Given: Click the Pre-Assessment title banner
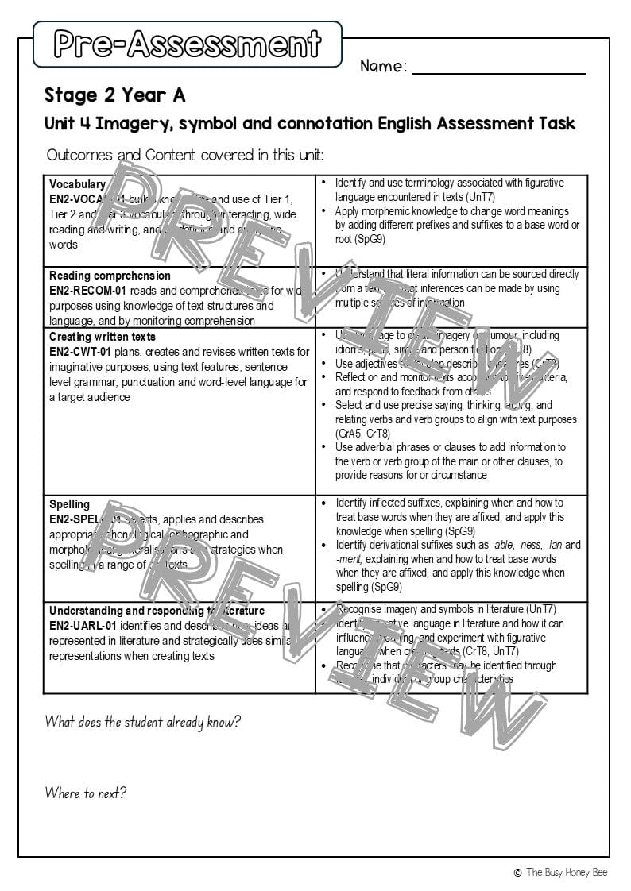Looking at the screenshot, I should (x=188, y=44).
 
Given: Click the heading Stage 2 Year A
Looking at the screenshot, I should (x=114, y=95).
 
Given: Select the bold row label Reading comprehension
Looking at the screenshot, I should (x=110, y=276).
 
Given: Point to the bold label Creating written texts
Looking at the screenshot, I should (x=103, y=337).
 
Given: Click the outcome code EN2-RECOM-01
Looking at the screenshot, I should (x=88, y=291).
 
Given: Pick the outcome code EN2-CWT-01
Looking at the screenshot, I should (x=80, y=352).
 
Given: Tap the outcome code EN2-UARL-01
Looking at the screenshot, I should (x=83, y=626).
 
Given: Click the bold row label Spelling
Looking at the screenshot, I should (x=69, y=504).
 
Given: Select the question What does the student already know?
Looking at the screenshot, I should (x=142, y=722).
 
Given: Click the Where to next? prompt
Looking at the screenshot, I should (x=86, y=793).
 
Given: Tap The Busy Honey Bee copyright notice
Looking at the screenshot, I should (x=560, y=872).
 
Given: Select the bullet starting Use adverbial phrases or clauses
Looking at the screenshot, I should (x=451, y=461).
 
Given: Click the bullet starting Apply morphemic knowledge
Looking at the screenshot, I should (x=457, y=225).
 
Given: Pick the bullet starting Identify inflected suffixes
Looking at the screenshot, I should (x=450, y=517).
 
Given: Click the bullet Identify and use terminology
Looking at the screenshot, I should (x=450, y=190).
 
